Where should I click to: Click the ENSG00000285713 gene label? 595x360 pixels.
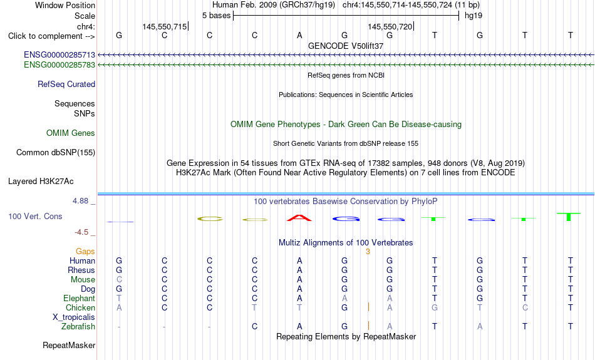tap(59, 55)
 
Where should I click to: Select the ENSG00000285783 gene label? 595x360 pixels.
tap(59, 65)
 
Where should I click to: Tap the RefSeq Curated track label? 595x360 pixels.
tap(66, 85)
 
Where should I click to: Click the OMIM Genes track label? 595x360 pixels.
tap(71, 133)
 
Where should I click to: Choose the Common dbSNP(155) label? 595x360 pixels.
tap(56, 153)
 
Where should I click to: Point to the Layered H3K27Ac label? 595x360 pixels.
tap(41, 182)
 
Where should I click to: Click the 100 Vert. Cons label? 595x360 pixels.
tap(35, 216)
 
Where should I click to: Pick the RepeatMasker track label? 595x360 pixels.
tap(69, 345)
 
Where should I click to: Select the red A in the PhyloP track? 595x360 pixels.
tap(299, 218)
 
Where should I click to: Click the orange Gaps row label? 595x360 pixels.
tap(85, 252)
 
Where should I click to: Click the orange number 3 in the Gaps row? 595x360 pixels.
tap(368, 252)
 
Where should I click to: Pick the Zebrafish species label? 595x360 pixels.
tap(78, 327)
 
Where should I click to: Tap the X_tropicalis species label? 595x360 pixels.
tap(74, 317)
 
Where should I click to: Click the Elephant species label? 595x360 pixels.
tap(80, 299)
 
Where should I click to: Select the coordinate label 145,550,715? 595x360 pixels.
tap(165, 26)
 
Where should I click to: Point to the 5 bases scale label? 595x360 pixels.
tap(216, 16)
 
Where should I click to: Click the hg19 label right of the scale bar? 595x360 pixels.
tap(473, 16)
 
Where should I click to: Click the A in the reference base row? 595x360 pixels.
tap(299, 36)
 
